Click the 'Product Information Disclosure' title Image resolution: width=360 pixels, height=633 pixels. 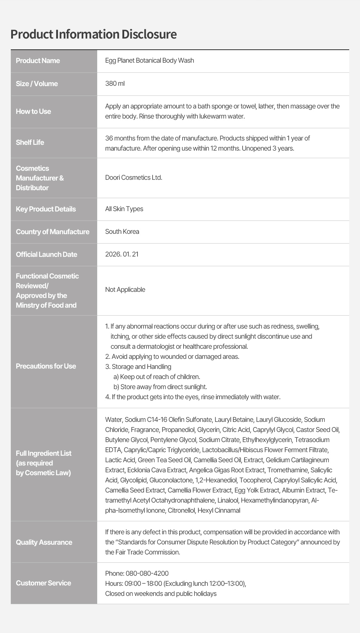[x=94, y=34]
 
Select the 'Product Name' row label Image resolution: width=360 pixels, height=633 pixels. [x=38, y=61]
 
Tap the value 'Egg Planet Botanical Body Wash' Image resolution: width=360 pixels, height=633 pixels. [x=149, y=61]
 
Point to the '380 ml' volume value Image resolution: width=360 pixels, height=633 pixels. [x=115, y=84]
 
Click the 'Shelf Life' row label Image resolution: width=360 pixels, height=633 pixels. [x=30, y=142]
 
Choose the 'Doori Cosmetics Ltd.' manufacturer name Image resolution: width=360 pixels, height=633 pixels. [x=134, y=178]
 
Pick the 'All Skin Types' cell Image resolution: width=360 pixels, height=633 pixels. [x=124, y=209]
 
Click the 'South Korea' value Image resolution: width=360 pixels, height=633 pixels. [x=122, y=232]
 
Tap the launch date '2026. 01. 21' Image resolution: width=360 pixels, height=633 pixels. [x=122, y=254]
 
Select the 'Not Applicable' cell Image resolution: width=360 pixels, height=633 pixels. [x=125, y=290]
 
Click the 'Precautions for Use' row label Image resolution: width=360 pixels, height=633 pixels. [x=46, y=366]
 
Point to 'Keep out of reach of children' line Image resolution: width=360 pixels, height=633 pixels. [x=160, y=377]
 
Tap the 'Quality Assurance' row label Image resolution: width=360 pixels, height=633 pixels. [x=44, y=542]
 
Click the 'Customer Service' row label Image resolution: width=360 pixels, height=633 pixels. [x=43, y=583]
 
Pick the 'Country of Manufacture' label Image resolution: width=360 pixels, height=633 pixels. [x=53, y=232]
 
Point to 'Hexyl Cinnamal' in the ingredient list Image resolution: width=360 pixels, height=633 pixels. [x=219, y=511]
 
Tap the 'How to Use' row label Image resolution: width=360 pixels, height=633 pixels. [x=33, y=111]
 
